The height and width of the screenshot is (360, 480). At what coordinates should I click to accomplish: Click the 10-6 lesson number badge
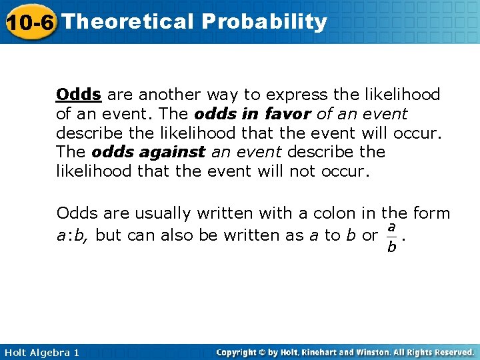[x=29, y=22]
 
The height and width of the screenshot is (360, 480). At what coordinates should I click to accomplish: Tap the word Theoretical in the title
[x=127, y=21]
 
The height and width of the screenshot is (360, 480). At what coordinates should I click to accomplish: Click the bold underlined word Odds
[x=79, y=95]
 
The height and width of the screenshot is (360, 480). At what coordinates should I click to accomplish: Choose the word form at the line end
[x=431, y=213]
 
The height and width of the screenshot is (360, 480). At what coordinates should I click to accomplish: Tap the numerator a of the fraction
[x=391, y=227]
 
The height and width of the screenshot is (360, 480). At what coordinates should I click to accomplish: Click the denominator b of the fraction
[x=391, y=248]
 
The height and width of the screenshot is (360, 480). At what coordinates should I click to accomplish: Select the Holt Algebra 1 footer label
[x=40, y=352]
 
